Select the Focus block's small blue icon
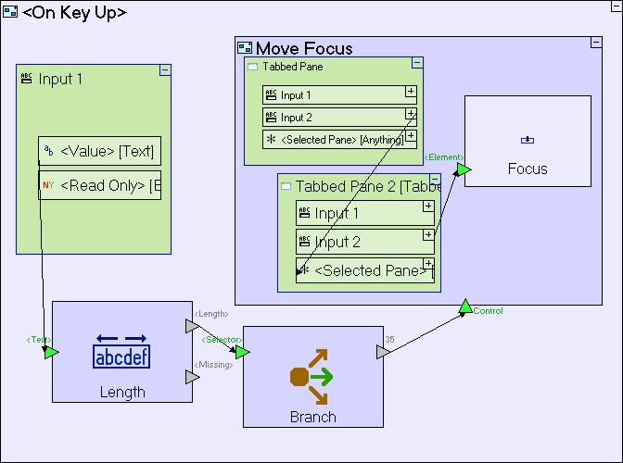point(528,140)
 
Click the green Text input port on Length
point(51,352)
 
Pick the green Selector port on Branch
point(242,352)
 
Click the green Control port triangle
point(465,307)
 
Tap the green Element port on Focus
point(464,169)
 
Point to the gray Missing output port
point(191,377)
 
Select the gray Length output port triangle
point(191,326)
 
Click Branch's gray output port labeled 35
point(382,352)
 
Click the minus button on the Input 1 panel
point(165,69)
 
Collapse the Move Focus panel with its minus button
point(596,43)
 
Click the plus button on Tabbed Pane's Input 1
point(411,92)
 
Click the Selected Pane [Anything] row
point(334,139)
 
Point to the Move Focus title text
point(304,48)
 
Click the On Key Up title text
point(74,13)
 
